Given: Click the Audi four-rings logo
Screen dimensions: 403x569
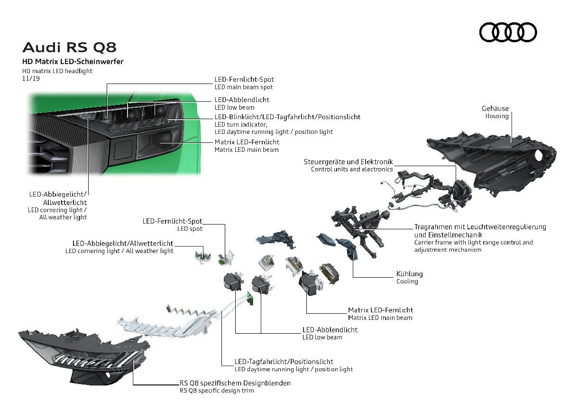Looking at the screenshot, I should (508, 32).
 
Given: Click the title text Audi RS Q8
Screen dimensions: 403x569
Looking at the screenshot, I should (69, 47).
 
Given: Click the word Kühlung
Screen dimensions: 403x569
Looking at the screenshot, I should (409, 274).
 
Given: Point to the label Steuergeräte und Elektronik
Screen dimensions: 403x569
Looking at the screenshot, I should (348, 162).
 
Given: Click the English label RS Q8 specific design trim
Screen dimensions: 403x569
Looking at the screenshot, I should (216, 391).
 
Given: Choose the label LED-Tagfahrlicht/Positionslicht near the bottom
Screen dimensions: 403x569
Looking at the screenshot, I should (284, 362).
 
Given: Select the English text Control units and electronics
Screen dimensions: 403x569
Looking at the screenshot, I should (352, 169).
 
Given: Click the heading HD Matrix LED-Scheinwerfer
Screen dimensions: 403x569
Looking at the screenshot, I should (73, 62).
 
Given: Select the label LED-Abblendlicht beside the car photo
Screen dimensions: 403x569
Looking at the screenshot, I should (242, 100).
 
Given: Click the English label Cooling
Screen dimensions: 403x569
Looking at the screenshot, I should (407, 281).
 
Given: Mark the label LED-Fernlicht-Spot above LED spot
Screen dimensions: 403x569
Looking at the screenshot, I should (173, 221).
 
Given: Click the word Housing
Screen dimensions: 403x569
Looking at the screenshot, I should (497, 116).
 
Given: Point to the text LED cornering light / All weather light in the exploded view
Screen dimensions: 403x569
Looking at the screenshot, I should (119, 251).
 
